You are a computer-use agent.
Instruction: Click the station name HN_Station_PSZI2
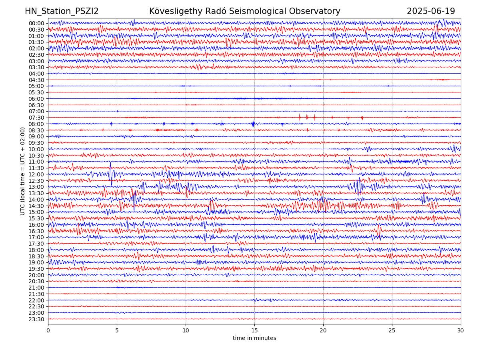point(62,12)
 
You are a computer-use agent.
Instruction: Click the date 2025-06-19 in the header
point(431,12)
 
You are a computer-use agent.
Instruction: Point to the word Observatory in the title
point(316,12)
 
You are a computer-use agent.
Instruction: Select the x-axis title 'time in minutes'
point(254,338)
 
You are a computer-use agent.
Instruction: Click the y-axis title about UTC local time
point(23,171)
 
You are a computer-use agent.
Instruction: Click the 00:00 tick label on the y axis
point(36,23)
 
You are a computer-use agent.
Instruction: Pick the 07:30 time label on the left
point(36,118)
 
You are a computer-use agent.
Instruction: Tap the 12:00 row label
point(36,174)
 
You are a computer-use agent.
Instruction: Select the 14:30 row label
point(36,206)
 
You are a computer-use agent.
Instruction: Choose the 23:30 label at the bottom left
point(36,319)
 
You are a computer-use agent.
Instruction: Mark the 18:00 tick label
point(36,250)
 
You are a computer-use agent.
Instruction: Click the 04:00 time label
point(36,74)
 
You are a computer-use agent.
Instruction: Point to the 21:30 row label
point(36,294)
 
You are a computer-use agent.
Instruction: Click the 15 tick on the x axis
point(254,331)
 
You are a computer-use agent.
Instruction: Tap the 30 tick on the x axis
point(461,331)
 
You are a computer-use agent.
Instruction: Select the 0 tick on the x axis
point(48,331)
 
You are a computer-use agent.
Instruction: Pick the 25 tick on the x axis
point(392,331)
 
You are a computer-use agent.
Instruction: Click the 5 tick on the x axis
point(117,331)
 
